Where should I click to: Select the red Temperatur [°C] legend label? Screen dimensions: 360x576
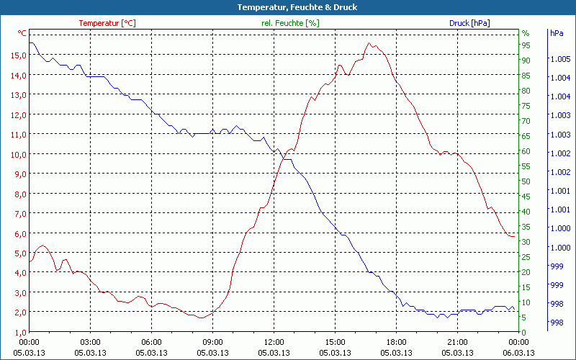[x=107, y=23]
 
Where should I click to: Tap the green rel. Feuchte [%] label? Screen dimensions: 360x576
[x=290, y=23]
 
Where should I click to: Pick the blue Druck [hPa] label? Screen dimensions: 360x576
[x=469, y=23]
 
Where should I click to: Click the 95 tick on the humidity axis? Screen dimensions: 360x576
[x=526, y=45]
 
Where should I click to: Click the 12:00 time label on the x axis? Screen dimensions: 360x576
[x=274, y=342]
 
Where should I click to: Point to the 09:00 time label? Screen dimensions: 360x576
[x=213, y=342]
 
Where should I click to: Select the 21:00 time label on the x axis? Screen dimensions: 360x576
[x=458, y=342]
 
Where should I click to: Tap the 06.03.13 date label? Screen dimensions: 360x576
[x=519, y=353]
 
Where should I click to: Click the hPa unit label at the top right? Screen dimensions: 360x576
[x=557, y=33]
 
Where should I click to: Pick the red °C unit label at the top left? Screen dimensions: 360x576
[x=22, y=33]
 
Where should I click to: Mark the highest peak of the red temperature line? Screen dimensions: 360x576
[x=369, y=43]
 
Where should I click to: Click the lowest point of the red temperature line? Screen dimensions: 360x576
[x=202, y=318]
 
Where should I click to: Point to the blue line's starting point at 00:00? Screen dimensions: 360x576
[x=30, y=43]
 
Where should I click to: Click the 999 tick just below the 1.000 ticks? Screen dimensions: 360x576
[x=557, y=266]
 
